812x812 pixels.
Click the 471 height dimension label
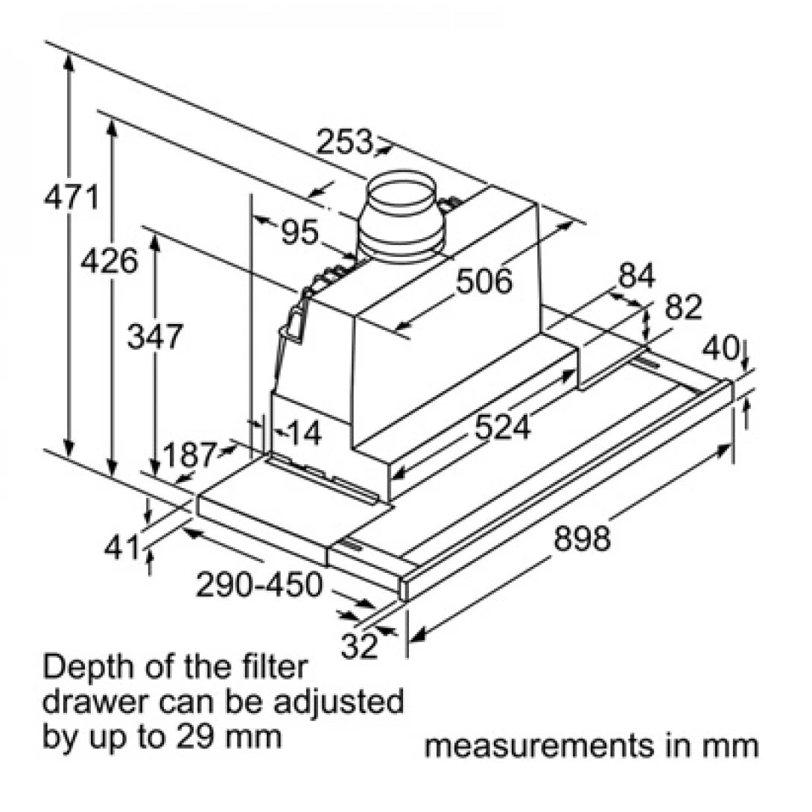pyautogui.click(x=71, y=198)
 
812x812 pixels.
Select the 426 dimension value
pyautogui.click(x=110, y=261)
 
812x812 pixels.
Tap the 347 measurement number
pyautogui.click(x=153, y=337)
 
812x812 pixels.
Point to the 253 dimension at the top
pyautogui.click(x=343, y=141)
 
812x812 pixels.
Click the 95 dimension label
pyautogui.click(x=299, y=233)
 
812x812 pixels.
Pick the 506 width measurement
pyautogui.click(x=484, y=282)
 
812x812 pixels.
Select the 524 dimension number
pyautogui.click(x=503, y=428)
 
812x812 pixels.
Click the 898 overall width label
pyautogui.click(x=582, y=538)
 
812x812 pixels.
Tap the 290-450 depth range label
pyautogui.click(x=259, y=585)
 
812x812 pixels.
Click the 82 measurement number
pyautogui.click(x=682, y=307)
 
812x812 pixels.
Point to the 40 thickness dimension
pyautogui.click(x=721, y=347)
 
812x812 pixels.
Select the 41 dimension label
pyautogui.click(x=122, y=549)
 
